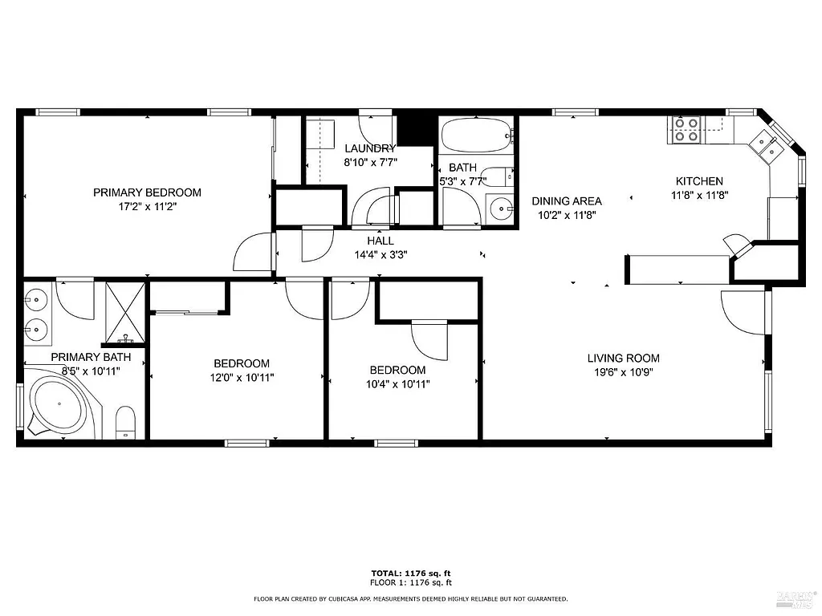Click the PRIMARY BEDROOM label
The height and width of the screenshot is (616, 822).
tap(147, 192)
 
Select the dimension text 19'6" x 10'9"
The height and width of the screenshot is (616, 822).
tap(623, 372)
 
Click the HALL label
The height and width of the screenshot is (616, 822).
tap(380, 241)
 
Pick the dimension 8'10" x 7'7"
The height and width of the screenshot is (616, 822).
tap(370, 162)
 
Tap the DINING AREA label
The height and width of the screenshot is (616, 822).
tap(567, 201)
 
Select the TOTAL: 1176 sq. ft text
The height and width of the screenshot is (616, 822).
tap(410, 573)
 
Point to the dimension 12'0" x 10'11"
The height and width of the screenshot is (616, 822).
tap(241, 377)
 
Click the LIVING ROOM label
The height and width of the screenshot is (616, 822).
tap(623, 359)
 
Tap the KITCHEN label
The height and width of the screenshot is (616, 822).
tap(698, 181)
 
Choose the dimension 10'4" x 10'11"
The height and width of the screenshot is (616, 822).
tap(397, 383)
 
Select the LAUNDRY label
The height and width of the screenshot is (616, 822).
tap(370, 148)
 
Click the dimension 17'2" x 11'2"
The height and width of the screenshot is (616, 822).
tap(147, 206)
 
